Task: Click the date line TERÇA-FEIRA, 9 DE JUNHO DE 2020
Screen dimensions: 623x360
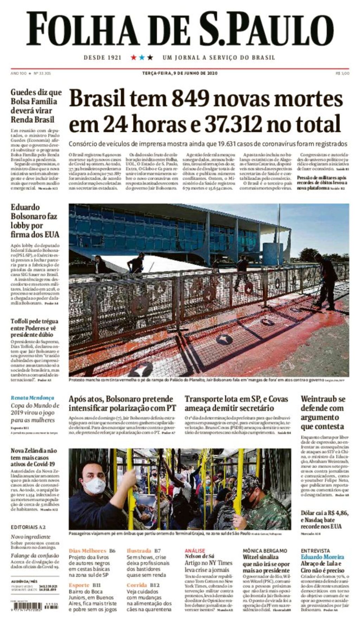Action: point(180,73)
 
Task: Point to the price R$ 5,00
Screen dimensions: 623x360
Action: point(342,73)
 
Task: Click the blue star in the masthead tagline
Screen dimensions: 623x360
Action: point(142,57)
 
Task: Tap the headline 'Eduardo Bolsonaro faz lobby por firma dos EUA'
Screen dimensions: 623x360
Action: point(34,221)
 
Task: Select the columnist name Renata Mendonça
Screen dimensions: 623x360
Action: point(32,398)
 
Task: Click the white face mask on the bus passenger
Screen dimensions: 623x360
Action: point(94,485)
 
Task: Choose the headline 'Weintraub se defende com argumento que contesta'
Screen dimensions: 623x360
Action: point(323,413)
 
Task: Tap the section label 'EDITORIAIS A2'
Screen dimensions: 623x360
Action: point(28,527)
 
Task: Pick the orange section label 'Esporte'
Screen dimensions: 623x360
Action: point(79,585)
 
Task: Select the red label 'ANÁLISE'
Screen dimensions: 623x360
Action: point(195,551)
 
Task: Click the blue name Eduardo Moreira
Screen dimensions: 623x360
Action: point(322,557)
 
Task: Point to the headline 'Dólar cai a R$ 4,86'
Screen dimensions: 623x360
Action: point(324,513)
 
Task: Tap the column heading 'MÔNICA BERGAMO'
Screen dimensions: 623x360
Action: point(265,551)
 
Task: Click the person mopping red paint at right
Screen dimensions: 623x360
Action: point(326,281)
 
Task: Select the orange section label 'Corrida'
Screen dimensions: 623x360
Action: point(137,585)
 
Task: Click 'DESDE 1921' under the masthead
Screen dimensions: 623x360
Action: point(102,57)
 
